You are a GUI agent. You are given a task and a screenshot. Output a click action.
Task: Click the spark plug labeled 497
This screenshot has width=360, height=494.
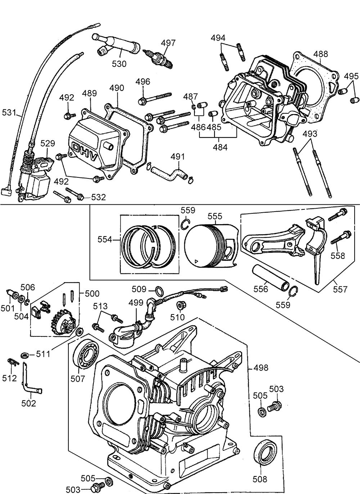(x=159, y=57)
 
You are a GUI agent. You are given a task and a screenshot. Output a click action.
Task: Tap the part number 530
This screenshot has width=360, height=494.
(x=119, y=64)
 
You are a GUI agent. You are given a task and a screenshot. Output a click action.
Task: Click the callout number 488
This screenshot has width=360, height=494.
(x=320, y=54)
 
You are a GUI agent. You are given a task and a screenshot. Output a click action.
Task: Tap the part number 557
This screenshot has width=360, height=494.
(x=340, y=289)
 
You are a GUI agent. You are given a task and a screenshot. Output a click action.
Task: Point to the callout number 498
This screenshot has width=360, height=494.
(x=261, y=368)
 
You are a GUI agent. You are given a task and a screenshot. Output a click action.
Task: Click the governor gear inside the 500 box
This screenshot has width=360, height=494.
(x=62, y=319)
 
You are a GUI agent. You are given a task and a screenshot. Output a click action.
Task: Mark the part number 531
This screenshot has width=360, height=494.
(x=9, y=113)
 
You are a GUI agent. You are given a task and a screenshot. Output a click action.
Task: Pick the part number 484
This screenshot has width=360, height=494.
(x=220, y=147)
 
